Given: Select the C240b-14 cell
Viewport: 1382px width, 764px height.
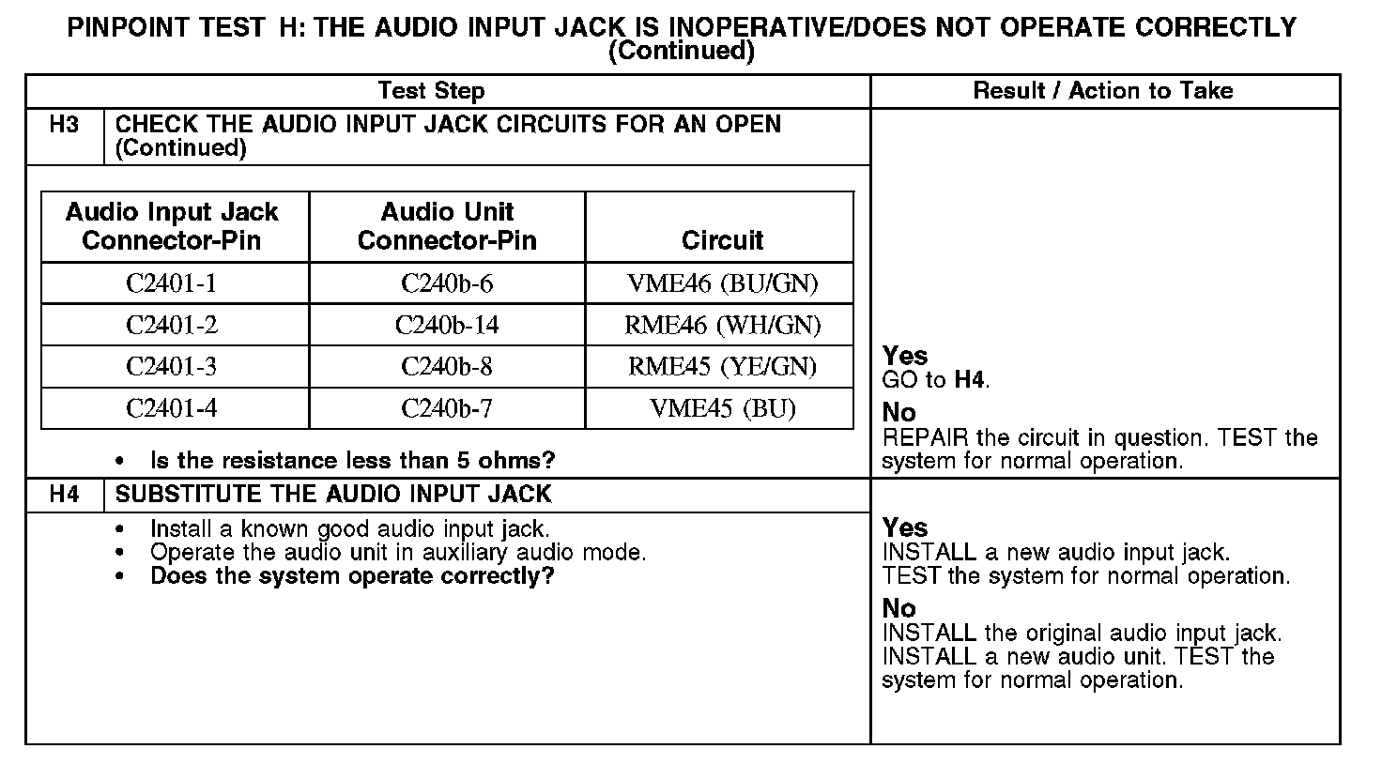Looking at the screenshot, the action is click(x=447, y=325).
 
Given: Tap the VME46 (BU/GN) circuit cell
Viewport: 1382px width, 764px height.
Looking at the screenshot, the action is click(x=722, y=283).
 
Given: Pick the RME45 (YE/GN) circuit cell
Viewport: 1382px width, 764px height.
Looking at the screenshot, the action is click(x=722, y=366).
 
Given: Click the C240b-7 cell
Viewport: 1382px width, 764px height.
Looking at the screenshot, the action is click(x=447, y=408).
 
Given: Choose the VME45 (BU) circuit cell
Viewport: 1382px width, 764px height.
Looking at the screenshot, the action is click(x=722, y=408).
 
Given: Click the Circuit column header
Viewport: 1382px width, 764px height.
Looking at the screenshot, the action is click(x=722, y=240).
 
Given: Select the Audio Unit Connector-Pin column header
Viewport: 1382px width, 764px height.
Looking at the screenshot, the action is click(x=447, y=226).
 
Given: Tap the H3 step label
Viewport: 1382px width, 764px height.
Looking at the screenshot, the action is click(x=64, y=124).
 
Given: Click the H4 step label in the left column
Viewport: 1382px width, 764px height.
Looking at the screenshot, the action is click(x=64, y=494).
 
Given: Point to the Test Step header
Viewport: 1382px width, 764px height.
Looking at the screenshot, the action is click(x=431, y=91).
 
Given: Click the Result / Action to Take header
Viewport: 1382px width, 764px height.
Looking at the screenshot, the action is click(x=1103, y=91).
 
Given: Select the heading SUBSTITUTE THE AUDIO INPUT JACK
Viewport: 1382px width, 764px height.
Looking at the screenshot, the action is click(x=333, y=494).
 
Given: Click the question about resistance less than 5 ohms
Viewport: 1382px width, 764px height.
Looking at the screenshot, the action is click(x=352, y=461).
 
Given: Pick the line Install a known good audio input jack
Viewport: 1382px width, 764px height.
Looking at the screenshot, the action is click(x=349, y=528).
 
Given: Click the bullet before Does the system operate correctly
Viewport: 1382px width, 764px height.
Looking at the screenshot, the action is click(x=119, y=576).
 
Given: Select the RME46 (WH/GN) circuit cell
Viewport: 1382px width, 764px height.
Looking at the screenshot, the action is click(x=722, y=325).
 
